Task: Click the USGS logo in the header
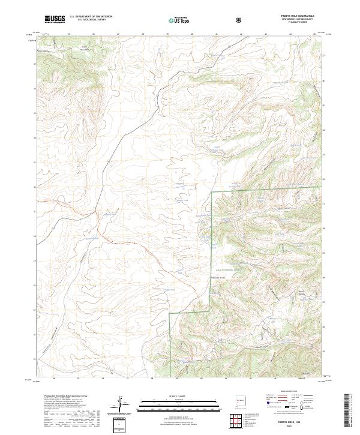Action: (x=55, y=20)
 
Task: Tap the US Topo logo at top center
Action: (x=179, y=20)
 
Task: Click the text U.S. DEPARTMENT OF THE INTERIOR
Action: (x=91, y=17)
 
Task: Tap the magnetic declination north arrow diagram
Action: (x=127, y=404)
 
